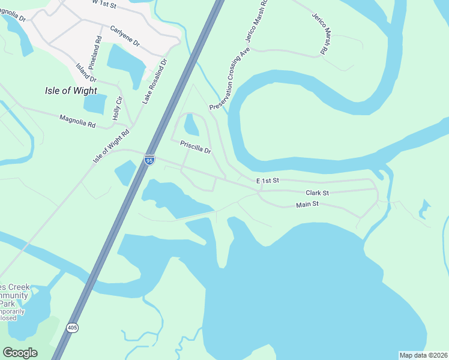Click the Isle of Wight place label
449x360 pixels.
[x=71, y=91]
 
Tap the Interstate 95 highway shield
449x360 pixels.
[x=150, y=159]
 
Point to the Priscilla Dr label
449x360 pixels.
[x=196, y=147]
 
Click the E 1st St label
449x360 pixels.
[x=268, y=181]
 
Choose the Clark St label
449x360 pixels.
[x=317, y=193]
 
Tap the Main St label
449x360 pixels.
[x=307, y=205]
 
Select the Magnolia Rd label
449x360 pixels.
[x=77, y=122]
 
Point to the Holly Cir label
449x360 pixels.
[x=118, y=107]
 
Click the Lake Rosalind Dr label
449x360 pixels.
[x=155, y=82]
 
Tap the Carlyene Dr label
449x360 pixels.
[x=125, y=36]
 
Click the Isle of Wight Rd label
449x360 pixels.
[x=111, y=148]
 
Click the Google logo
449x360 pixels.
[x=20, y=352]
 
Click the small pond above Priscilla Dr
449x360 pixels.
[x=191, y=125]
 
